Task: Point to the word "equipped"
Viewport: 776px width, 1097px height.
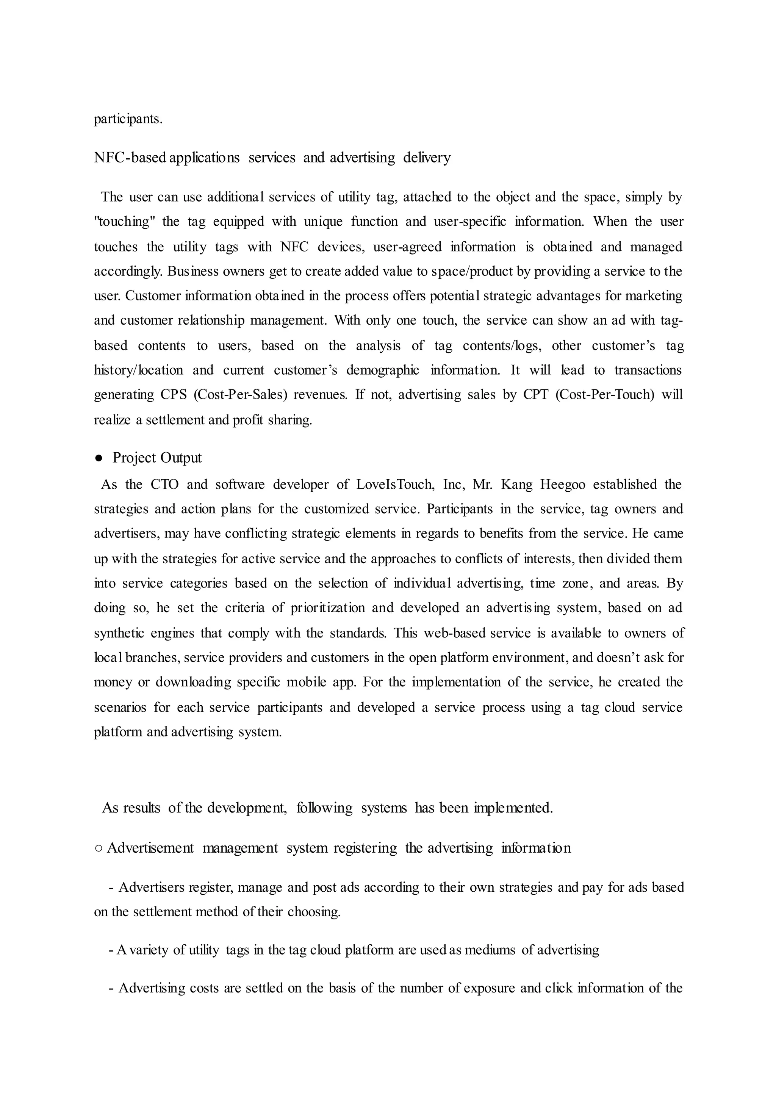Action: pyautogui.click(x=238, y=222)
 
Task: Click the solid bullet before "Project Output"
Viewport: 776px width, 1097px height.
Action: pyautogui.click(x=99, y=458)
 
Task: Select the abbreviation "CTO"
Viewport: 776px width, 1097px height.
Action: pyautogui.click(x=164, y=484)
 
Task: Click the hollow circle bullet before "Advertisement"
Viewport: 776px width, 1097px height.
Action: pyautogui.click(x=99, y=848)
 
